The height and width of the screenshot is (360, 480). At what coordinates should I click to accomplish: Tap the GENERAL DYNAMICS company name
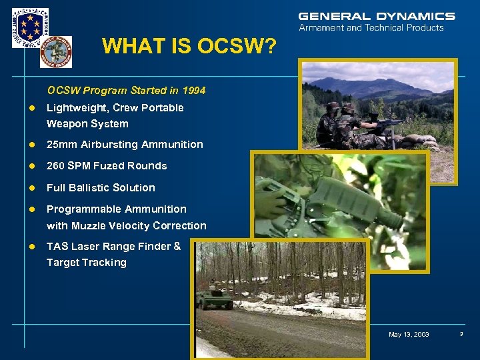click(377, 16)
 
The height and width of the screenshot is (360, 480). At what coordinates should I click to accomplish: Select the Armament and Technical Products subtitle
click(371, 28)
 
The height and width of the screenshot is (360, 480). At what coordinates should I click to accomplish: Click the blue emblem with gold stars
click(30, 27)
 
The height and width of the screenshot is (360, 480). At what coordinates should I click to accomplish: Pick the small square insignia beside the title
click(56, 52)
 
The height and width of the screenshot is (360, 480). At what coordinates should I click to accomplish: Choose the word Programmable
click(80, 209)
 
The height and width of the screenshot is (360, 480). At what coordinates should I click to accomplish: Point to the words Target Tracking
click(86, 262)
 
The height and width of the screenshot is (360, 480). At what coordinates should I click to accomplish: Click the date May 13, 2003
click(409, 335)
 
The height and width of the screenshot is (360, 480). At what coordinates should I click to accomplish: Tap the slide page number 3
click(461, 334)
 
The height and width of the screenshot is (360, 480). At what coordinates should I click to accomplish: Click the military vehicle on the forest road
click(215, 299)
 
